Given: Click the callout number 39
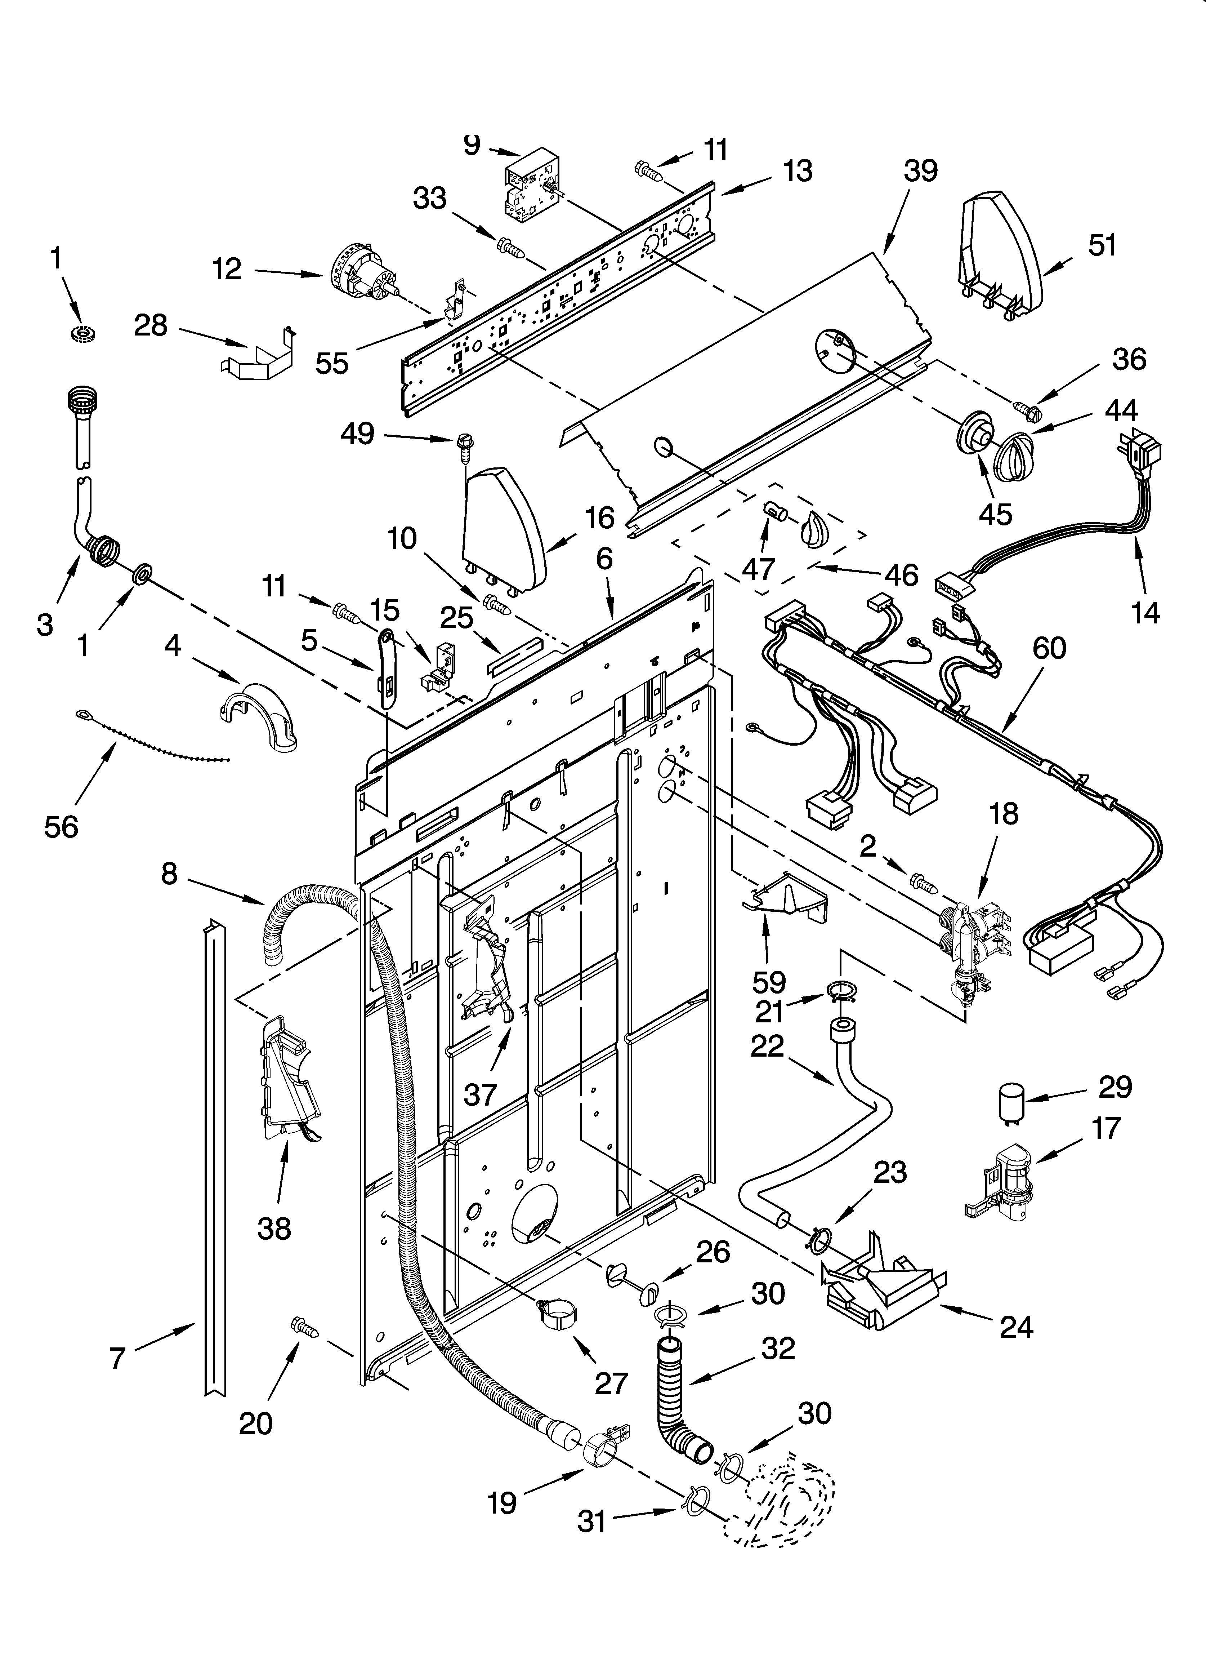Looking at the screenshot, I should [920, 171].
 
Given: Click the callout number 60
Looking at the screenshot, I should [1049, 649].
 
